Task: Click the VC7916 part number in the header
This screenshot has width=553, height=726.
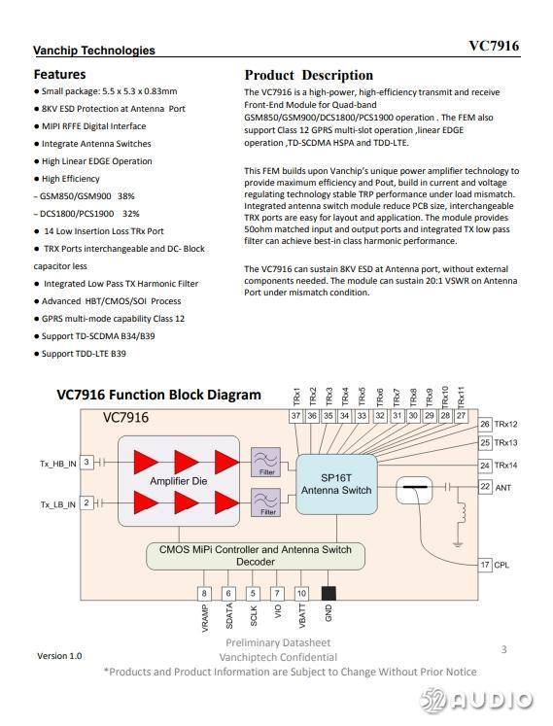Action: click(494, 46)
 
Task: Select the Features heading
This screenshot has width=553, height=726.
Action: click(59, 74)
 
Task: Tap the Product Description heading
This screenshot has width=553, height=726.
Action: click(309, 75)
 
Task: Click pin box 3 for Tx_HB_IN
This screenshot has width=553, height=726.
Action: click(86, 462)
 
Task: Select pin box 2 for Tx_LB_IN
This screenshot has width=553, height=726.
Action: click(86, 502)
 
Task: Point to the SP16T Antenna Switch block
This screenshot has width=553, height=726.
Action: click(336, 484)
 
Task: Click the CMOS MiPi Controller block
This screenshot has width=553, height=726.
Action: click(256, 556)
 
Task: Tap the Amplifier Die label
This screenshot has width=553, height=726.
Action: click(178, 481)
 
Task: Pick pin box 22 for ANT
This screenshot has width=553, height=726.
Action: click(485, 487)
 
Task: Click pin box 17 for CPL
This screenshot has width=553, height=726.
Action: click(485, 565)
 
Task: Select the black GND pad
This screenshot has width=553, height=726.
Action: click(328, 593)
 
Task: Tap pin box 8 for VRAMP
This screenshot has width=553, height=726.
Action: click(204, 594)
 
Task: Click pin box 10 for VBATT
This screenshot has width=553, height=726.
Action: click(301, 594)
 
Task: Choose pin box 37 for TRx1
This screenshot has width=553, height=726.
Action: click(296, 416)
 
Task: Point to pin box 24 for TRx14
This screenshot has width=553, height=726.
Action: click(485, 466)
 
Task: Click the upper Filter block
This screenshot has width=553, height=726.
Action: click(266, 462)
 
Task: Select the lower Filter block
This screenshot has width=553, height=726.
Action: click(266, 502)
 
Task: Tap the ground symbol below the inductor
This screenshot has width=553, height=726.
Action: click(458, 543)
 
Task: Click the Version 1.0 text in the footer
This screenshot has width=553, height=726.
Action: click(59, 656)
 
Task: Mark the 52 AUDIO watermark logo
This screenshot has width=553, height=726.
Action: click(476, 701)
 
